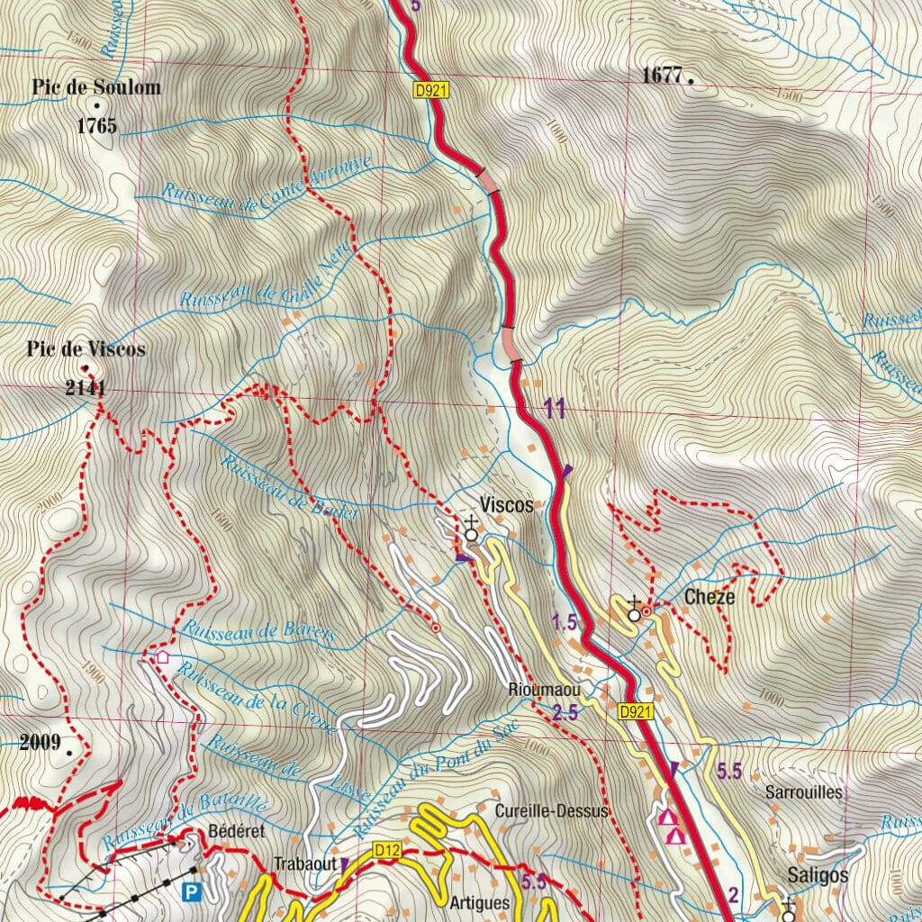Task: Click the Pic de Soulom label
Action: tap(96, 87)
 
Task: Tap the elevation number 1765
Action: tap(96, 126)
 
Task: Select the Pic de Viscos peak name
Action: tap(86, 349)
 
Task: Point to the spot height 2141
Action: tap(86, 389)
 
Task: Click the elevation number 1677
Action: tap(664, 76)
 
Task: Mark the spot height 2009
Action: tap(39, 743)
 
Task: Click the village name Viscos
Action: tap(506, 506)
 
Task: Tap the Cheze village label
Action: tap(710, 597)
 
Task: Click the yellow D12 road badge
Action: tap(385, 849)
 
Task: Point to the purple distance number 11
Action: tap(554, 411)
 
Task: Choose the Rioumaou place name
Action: tap(539, 691)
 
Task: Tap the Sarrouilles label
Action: tap(803, 792)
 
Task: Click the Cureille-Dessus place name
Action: tap(552, 811)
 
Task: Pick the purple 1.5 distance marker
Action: tap(564, 622)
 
